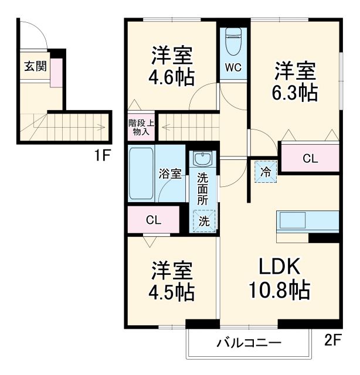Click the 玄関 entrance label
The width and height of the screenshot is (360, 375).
point(35,66)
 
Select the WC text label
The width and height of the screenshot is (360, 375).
point(233,68)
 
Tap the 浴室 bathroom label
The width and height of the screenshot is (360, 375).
point(171,174)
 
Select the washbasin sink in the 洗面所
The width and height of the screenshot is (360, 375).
point(203,159)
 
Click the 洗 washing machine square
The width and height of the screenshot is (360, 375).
point(203,221)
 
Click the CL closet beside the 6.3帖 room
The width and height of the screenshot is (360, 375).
point(310,158)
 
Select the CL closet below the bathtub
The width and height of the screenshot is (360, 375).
point(154,220)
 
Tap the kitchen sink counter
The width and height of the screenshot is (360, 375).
point(307,221)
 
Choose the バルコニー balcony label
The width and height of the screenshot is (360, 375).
point(249,343)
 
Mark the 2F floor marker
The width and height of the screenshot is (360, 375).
point(332,342)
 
